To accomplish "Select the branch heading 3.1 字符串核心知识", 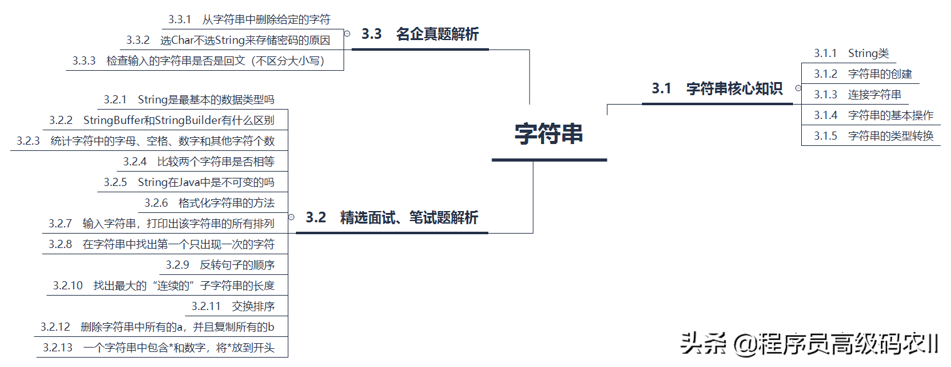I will coord(717,89).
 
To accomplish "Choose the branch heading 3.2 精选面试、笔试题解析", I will coord(392,218).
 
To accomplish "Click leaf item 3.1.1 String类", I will coord(851,54).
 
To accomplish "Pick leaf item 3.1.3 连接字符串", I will coord(858,95).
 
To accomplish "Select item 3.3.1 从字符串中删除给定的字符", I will coord(249,19).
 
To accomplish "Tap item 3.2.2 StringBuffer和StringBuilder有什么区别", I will coord(162,120).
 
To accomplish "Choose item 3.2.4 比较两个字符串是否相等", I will coord(199,162).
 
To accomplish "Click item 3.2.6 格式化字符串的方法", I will coord(209,203).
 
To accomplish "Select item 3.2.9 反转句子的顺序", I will coord(220,265).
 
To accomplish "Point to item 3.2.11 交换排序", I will coord(233,306).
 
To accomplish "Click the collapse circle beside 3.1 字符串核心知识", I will coord(798,89).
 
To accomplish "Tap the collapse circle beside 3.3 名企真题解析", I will coord(347,34).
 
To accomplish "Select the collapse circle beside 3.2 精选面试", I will coord(291,217).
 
